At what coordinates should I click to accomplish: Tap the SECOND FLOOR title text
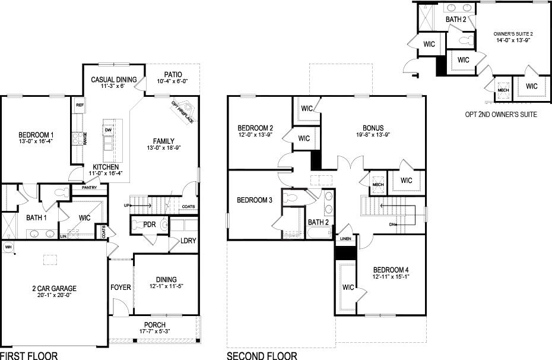coord(262,355)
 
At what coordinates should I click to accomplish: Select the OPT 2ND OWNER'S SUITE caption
coord(501,113)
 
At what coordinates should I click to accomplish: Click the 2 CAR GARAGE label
coord(55,289)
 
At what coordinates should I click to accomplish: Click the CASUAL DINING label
coord(113,80)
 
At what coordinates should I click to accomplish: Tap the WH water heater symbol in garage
coord(8,247)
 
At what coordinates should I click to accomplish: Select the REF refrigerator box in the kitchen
coord(79,105)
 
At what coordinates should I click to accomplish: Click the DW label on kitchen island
coord(107,130)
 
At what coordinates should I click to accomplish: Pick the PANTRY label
coord(88,188)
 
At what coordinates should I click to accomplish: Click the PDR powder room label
coord(150,225)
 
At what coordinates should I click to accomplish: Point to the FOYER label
coord(120,288)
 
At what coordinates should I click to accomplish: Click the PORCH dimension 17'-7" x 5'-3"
coord(154,331)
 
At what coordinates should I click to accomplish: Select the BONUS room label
coord(373,128)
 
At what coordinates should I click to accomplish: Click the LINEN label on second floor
coord(345,239)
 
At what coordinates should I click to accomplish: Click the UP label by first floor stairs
coord(126,206)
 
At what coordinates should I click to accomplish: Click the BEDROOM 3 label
coord(254,200)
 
